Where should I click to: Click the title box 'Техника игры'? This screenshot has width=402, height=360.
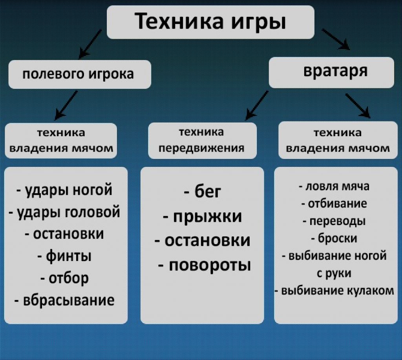point(210,22)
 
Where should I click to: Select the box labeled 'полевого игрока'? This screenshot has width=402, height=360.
point(80,74)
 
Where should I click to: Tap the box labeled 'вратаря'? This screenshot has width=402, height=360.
point(331,72)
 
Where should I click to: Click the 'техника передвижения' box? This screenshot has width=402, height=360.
point(202,140)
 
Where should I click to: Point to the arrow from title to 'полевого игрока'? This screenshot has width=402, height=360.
point(90,44)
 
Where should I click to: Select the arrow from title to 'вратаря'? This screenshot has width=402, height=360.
point(336,39)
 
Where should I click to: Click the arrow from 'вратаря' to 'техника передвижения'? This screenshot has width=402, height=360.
point(257,105)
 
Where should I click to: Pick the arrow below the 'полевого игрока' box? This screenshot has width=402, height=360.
point(66,105)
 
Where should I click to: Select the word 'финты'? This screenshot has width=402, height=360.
point(68,256)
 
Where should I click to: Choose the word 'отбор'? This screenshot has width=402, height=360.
point(68,278)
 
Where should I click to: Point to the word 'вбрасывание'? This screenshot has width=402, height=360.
point(69,300)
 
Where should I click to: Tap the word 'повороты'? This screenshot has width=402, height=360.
point(210,265)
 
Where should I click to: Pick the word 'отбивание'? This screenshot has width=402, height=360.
point(337,204)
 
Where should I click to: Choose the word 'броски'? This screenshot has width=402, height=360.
point(337,238)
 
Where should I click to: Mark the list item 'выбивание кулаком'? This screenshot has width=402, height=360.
point(334,291)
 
